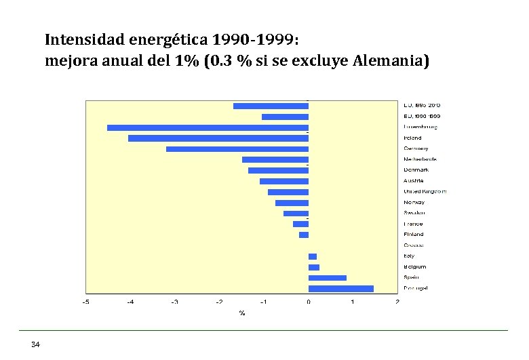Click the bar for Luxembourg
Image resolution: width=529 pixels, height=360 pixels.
click(208, 127)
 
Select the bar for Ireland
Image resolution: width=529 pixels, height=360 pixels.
click(218, 138)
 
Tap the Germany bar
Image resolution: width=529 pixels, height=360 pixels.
click(237, 149)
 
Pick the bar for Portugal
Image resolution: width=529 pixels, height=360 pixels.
click(341, 289)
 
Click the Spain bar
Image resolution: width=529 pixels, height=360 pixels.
click(328, 278)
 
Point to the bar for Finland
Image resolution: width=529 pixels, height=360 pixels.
click(304, 235)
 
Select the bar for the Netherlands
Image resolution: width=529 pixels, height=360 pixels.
click(275, 160)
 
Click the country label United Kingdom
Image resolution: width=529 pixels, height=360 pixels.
click(425, 192)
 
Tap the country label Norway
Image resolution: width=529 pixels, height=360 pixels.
click(414, 203)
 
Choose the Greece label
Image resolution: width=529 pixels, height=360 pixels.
click(414, 245)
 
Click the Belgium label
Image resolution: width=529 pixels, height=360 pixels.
click(415, 267)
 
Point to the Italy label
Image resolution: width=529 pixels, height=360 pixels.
click(410, 256)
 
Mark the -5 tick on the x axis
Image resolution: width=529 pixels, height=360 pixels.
click(85, 302)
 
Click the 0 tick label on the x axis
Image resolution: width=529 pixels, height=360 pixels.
click(309, 302)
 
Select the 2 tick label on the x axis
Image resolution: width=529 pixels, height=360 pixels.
click(397, 302)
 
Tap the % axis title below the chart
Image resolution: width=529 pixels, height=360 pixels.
click(241, 313)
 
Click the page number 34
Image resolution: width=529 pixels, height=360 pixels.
click(36, 345)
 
